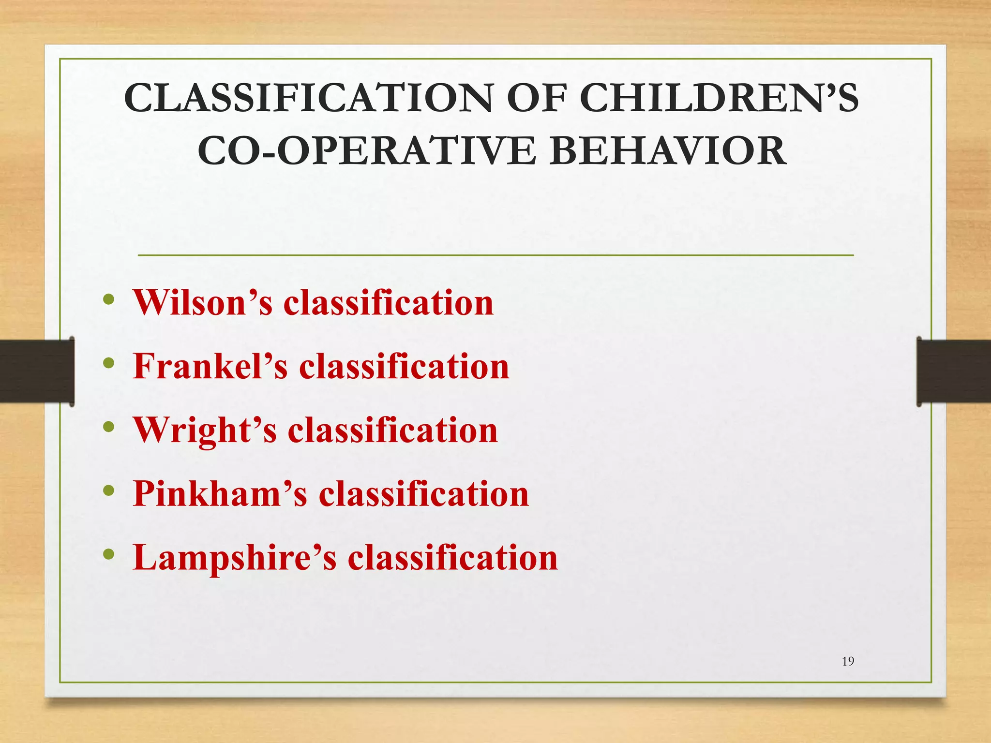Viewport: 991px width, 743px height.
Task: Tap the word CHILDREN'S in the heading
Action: (x=718, y=98)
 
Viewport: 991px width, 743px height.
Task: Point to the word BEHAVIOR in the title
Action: (x=668, y=151)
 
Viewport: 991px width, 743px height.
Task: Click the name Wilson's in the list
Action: (x=203, y=303)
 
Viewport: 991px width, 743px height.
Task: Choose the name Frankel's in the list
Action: (x=210, y=366)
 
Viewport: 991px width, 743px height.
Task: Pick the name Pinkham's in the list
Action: (x=220, y=494)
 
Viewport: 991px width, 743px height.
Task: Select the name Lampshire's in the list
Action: (x=234, y=558)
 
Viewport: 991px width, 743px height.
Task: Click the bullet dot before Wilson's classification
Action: (x=109, y=299)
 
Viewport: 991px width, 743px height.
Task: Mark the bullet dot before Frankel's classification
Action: (x=109, y=363)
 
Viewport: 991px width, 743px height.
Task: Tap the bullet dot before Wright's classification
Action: (x=109, y=427)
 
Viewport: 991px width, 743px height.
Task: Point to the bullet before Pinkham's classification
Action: (x=109, y=490)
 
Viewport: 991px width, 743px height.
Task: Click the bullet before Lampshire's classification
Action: (x=109, y=554)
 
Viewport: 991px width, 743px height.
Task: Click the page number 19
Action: (x=848, y=661)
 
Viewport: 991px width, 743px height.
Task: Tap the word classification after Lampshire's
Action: (x=453, y=558)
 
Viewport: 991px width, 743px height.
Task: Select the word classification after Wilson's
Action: (x=388, y=303)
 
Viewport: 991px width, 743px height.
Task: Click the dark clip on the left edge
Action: (x=37, y=371)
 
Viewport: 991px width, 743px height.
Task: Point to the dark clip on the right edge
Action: (x=953, y=371)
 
